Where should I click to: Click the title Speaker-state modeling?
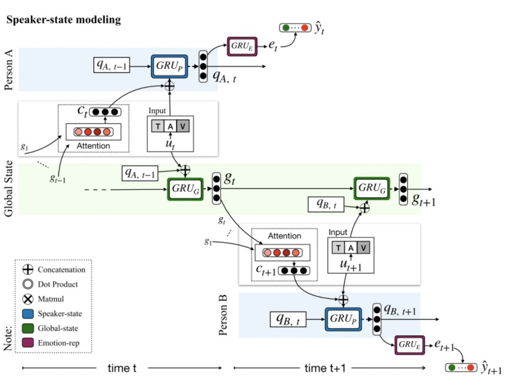click(x=63, y=20)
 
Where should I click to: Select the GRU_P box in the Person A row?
click(x=169, y=67)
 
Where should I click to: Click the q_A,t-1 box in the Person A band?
click(x=111, y=67)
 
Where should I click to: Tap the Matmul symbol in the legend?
click(x=28, y=299)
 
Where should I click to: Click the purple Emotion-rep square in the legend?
click(x=28, y=343)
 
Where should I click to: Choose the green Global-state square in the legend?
click(x=28, y=328)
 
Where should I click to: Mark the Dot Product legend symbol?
click(x=28, y=284)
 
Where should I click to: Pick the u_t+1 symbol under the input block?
click(x=350, y=265)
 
